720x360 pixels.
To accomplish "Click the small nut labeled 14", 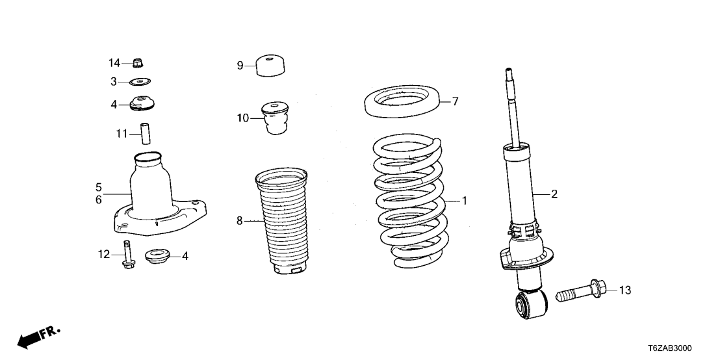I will tap(138, 63).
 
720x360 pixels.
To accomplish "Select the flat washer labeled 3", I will tap(139, 82).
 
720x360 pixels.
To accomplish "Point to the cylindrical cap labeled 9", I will tap(270, 66).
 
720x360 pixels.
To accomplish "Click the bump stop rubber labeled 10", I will tap(275, 118).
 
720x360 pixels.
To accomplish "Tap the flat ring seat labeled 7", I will tap(401, 103).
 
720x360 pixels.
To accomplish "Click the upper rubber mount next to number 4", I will tap(143, 104).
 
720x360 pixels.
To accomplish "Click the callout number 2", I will tap(554, 194).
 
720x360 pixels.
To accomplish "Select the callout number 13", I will tap(624, 290).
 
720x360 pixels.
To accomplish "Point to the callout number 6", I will tap(98, 200).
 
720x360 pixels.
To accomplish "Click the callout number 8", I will tap(240, 222).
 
